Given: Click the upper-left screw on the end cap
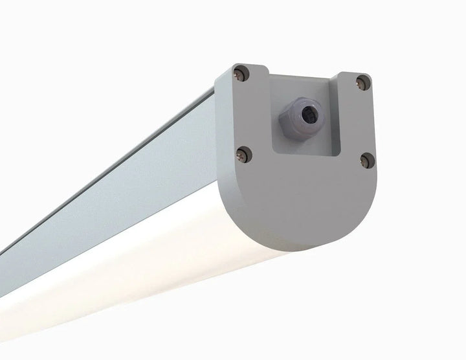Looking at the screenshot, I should point(240,73).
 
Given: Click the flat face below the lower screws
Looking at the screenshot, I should point(304,194).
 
